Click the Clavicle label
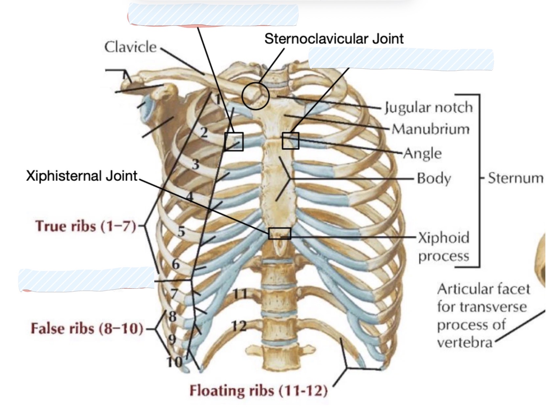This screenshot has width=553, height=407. (x=130, y=47)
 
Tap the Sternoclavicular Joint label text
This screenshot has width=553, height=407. (x=334, y=38)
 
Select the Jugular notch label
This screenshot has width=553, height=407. (x=429, y=108)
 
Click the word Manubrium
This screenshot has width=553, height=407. (x=431, y=129)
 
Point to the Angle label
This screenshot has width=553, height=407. (x=422, y=153)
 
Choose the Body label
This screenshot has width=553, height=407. (x=434, y=178)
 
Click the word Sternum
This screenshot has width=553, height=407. (x=516, y=178)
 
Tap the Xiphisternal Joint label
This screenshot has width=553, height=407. (x=82, y=176)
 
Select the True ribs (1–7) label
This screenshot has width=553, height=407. (x=85, y=226)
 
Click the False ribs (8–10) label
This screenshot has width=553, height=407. (x=87, y=328)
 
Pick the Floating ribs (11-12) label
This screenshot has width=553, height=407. (x=258, y=391)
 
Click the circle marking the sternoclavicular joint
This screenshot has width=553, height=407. (x=255, y=83)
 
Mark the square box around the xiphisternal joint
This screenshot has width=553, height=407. (x=280, y=228)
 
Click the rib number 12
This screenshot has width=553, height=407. (x=239, y=326)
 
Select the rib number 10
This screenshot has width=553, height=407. (x=174, y=362)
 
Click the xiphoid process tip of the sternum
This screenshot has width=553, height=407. (x=280, y=256)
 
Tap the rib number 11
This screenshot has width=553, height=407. (x=240, y=294)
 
